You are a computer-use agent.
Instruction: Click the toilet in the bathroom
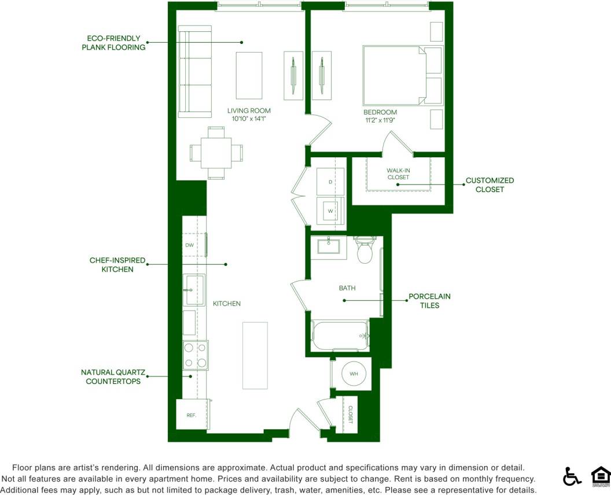364,251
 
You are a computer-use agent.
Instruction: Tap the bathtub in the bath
341,335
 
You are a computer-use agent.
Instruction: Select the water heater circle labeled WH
354,374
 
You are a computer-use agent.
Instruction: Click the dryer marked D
330,182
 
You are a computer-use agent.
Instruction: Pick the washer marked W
330,210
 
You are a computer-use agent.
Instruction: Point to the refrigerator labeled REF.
191,415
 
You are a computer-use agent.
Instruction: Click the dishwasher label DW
190,245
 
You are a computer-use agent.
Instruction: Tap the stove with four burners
195,355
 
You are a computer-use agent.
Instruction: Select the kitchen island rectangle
255,356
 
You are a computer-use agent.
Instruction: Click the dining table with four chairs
216,153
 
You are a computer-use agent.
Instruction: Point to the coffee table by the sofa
249,75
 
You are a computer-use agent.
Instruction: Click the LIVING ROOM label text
249,110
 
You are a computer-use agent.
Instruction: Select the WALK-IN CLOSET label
398,173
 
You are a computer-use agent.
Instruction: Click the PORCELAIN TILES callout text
429,301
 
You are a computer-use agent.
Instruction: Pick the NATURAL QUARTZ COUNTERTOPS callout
113,376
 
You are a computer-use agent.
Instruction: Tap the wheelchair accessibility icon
572,476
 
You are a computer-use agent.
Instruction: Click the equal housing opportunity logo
601,476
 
